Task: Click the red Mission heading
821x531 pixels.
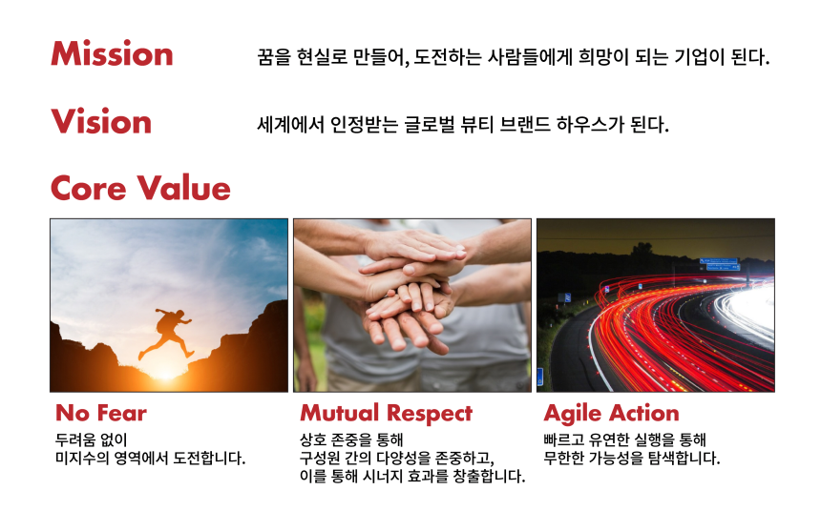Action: coord(112,53)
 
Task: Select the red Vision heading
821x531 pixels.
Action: coord(101,121)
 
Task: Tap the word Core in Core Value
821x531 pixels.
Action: coord(89,188)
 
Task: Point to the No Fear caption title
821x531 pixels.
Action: coord(101,413)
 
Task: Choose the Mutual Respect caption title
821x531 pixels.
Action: coord(387,414)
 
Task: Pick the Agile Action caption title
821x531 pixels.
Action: coord(612,414)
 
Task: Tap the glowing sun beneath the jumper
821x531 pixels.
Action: coord(165,372)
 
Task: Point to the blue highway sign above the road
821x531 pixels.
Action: coord(720,264)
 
